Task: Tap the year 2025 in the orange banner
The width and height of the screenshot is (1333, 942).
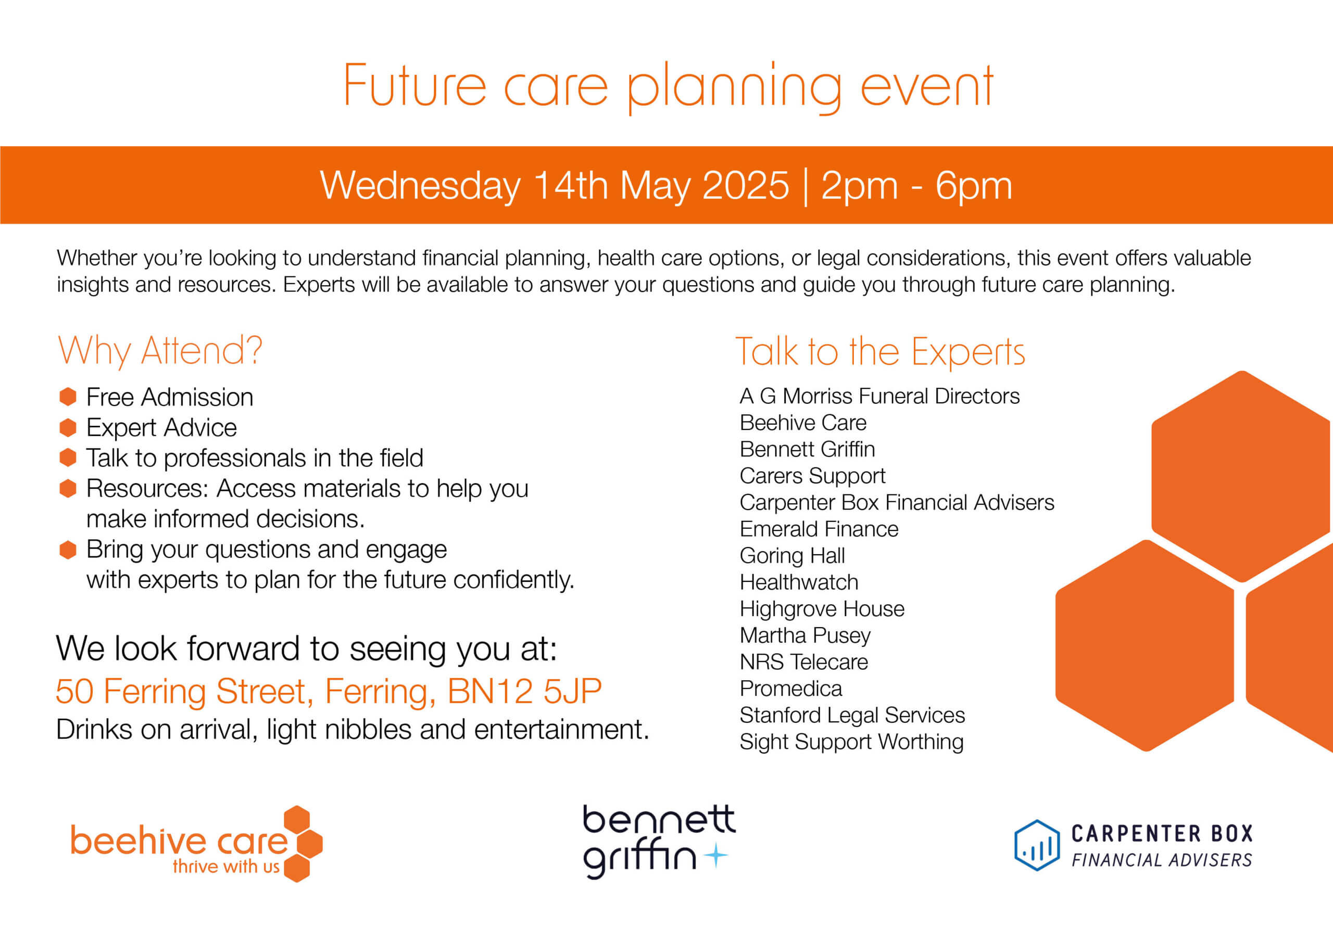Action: click(x=746, y=186)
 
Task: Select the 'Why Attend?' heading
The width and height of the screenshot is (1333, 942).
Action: click(x=160, y=351)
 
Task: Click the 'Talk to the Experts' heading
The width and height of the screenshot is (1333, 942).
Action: click(x=880, y=351)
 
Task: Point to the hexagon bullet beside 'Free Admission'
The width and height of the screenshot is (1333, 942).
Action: click(x=68, y=397)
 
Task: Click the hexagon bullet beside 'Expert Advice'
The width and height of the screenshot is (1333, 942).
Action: click(x=68, y=428)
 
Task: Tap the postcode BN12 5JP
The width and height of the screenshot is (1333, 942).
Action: click(x=524, y=691)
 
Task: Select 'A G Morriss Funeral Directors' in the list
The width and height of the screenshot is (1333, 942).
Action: click(x=879, y=396)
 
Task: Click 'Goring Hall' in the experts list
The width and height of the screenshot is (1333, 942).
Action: click(x=793, y=556)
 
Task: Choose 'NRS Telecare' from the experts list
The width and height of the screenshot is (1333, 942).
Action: click(x=804, y=662)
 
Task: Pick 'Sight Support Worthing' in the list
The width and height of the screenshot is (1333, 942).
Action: click(x=852, y=742)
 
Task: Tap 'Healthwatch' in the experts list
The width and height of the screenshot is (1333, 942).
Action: click(x=799, y=582)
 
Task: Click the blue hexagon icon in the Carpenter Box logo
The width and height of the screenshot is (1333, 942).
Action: click(x=1037, y=845)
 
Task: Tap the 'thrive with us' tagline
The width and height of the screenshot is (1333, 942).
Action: click(x=227, y=867)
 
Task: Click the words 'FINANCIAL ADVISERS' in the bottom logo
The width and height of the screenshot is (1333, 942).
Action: click(x=1162, y=860)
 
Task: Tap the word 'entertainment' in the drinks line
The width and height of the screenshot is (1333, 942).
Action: click(x=561, y=730)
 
